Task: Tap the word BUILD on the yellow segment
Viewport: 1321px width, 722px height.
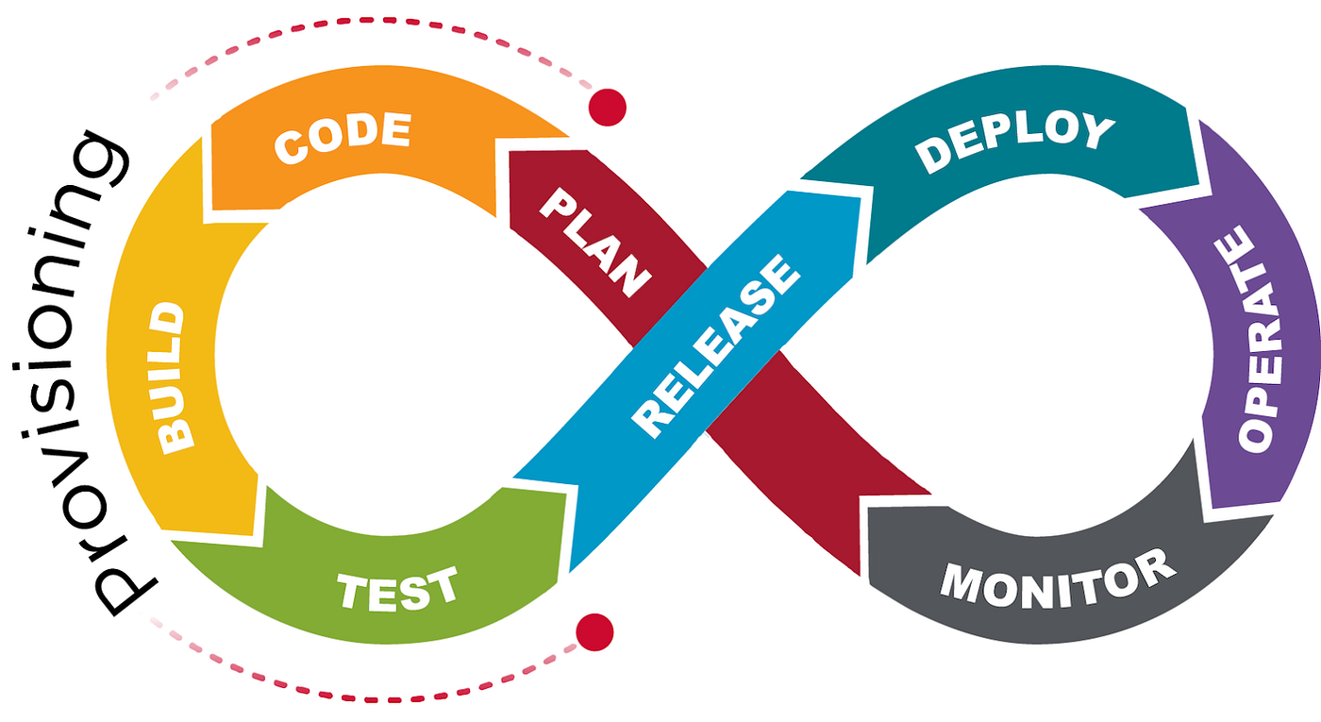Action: coord(174,378)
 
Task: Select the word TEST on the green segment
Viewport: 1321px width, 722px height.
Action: coord(397,590)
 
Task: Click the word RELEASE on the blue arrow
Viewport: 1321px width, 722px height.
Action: coord(717,345)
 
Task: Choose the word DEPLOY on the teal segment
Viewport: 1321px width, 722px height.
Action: coord(1015,143)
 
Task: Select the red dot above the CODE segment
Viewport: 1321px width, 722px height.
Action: coord(607,106)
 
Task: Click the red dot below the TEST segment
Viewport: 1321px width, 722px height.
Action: coord(594,630)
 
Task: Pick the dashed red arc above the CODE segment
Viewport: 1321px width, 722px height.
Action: coord(377,40)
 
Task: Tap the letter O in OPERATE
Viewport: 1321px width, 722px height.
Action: coord(1259,430)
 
